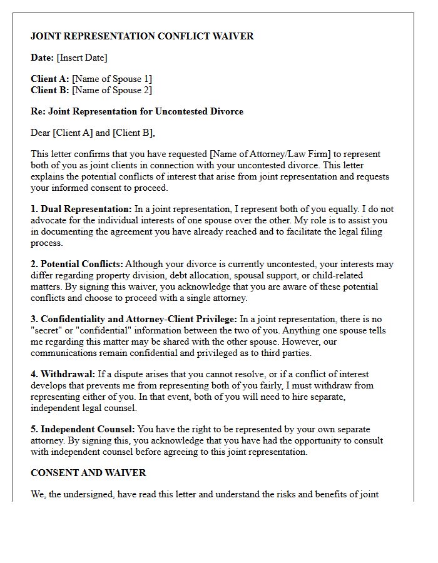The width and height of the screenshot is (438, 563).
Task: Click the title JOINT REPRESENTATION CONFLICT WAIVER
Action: [142, 36]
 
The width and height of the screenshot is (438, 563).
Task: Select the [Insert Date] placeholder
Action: [82, 58]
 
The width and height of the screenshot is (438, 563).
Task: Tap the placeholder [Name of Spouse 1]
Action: [112, 79]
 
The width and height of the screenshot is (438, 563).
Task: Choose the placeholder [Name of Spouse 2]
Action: [111, 90]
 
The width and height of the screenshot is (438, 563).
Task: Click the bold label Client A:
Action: [50, 79]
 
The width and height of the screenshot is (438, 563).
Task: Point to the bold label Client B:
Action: [50, 90]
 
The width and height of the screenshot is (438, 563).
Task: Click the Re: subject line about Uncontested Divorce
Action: [137, 111]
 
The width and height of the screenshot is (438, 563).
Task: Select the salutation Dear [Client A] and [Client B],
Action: [93, 133]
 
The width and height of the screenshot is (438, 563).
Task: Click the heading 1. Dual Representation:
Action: [81, 209]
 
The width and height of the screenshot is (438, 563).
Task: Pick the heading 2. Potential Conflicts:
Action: [77, 264]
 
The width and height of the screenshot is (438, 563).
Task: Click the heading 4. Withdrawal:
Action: [62, 374]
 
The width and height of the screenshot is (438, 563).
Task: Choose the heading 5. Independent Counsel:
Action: [83, 429]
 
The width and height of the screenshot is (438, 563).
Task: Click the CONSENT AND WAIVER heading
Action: [88, 472]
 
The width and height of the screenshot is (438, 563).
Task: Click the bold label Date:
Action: [43, 58]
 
